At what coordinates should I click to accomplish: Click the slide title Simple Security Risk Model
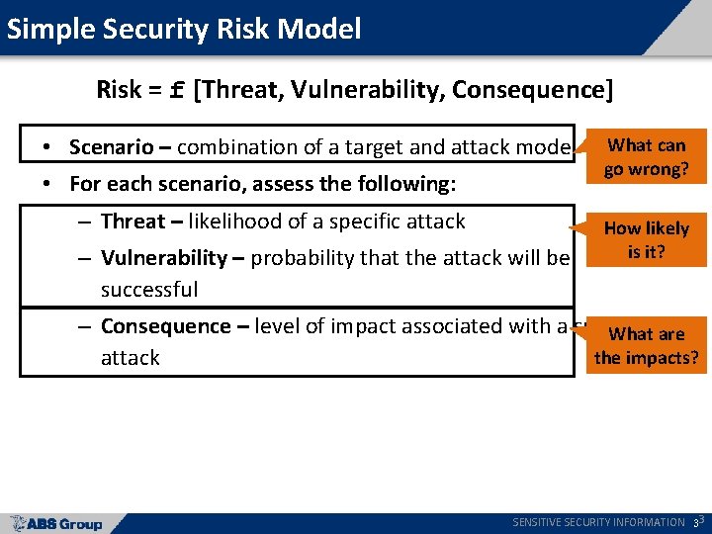184,29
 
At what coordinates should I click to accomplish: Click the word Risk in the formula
119,91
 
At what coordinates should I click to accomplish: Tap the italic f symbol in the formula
178,91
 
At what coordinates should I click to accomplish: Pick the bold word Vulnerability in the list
164,258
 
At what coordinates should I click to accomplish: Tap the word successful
149,290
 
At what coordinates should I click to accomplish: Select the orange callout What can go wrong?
647,157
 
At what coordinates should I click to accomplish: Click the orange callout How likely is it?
647,239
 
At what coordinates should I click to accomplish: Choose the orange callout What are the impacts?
647,345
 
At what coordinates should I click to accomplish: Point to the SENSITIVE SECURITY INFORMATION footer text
597,522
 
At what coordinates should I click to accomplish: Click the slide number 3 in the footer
697,522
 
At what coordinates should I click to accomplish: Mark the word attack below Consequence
130,358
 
